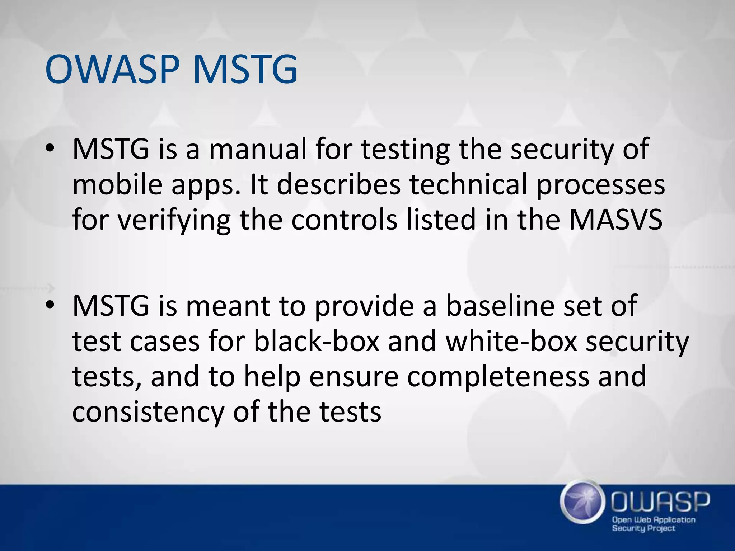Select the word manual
pyautogui.click(x=258, y=149)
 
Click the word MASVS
pyautogui.click(x=615, y=220)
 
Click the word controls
pyautogui.click(x=344, y=220)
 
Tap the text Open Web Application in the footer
pyautogui.click(x=654, y=520)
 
